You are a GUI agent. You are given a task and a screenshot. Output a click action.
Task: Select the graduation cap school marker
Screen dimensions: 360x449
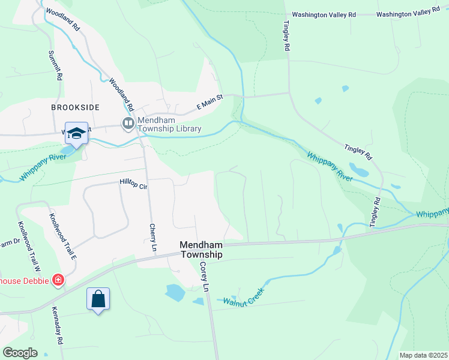[x=77, y=134]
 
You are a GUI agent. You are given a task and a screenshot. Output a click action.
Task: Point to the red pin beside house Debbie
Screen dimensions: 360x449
[x=58, y=280]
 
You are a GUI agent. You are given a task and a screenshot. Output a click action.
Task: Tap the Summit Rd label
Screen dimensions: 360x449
[x=55, y=65]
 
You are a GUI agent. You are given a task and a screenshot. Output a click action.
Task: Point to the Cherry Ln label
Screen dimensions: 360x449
[x=152, y=238]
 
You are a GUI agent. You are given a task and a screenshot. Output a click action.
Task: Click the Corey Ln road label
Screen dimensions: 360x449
[x=204, y=277]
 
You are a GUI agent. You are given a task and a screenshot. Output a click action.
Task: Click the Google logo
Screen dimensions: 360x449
[x=20, y=352]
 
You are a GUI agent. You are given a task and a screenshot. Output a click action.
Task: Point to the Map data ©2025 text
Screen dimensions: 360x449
[x=423, y=355]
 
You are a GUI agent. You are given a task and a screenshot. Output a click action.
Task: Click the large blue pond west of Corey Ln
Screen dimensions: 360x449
[x=175, y=292]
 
